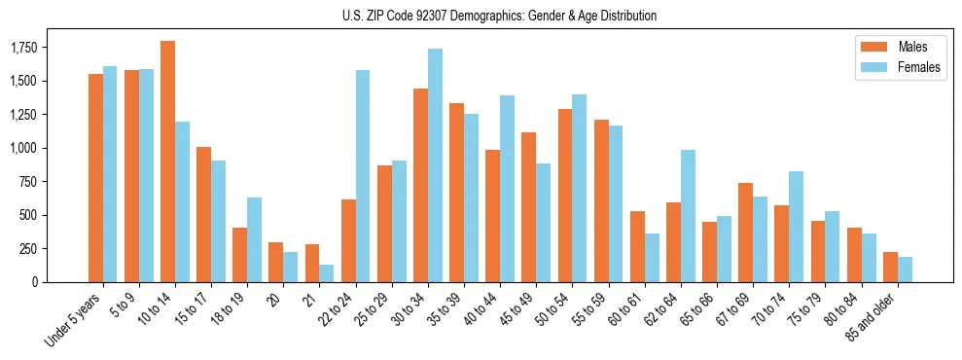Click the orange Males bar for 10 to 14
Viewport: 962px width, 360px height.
[167, 162]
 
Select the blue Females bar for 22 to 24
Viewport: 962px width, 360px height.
[363, 176]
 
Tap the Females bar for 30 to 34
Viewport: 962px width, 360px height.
[435, 165]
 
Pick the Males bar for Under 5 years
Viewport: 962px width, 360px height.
[95, 178]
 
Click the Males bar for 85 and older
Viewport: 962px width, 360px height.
[890, 267]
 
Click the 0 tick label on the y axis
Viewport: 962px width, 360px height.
[60, 282]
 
